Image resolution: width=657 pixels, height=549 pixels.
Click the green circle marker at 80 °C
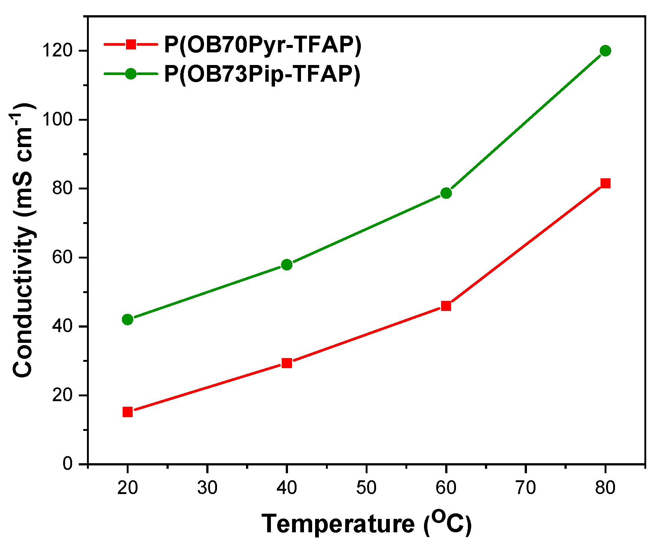[x=605, y=51]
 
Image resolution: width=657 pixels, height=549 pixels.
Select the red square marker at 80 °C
[x=605, y=183]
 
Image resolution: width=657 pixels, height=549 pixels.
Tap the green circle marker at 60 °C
[x=446, y=193]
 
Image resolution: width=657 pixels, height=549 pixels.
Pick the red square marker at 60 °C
[x=446, y=306]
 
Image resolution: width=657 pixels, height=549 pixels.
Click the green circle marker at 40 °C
[x=287, y=264]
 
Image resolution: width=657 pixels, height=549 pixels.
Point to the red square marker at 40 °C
[x=287, y=363]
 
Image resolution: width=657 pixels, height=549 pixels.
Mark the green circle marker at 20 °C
[x=127, y=319]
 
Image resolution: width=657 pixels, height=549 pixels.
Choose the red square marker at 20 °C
[x=127, y=412]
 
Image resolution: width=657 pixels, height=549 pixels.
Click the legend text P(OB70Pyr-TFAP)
[x=263, y=45]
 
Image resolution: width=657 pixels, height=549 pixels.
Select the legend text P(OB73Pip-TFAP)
[x=262, y=74]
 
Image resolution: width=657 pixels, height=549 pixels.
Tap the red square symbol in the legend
[x=131, y=45]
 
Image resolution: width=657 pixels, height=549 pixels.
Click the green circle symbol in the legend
[x=131, y=74]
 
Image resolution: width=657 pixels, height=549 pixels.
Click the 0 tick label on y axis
[x=67, y=464]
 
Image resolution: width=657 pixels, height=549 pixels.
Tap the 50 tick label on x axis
[x=366, y=488]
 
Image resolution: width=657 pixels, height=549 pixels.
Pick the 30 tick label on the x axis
[x=207, y=488]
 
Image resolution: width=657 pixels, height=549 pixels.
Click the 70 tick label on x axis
[x=525, y=488]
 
